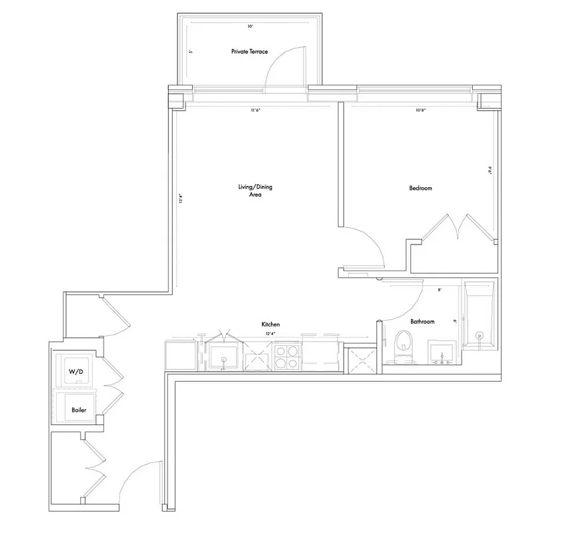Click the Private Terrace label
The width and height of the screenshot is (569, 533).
249,51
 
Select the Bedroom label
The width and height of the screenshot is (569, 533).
420,189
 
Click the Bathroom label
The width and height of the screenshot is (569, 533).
422,322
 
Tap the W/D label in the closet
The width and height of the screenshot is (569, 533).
75,371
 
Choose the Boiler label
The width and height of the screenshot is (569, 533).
79,410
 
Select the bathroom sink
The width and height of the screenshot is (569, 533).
441,353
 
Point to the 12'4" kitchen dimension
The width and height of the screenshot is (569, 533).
269,334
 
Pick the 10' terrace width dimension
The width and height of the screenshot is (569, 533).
250,27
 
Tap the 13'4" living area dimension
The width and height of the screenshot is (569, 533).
180,199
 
